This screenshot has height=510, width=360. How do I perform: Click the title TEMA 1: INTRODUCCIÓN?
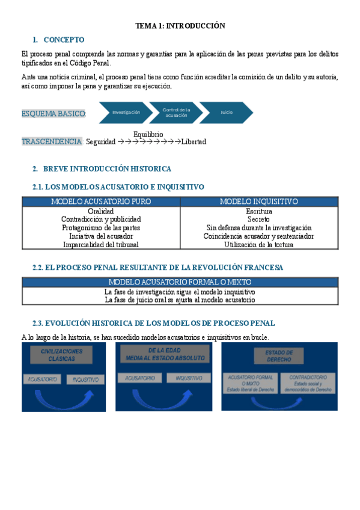[x=180, y=26]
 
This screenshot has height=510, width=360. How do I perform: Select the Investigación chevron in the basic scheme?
[x=126, y=112]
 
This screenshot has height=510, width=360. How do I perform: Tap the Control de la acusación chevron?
[x=176, y=112]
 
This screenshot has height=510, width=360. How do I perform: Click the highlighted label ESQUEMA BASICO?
[x=53, y=114]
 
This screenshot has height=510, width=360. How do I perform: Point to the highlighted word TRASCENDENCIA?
[x=52, y=142]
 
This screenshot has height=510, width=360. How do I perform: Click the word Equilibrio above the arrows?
[x=148, y=134]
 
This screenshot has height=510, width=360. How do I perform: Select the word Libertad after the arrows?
[x=194, y=142]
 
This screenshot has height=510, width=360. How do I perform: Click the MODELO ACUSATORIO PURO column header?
[x=101, y=201]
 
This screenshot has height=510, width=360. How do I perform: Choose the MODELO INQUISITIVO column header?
[x=258, y=201]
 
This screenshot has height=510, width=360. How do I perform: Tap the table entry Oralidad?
[x=101, y=211]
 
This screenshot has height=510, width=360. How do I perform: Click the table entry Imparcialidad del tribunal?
[x=101, y=245]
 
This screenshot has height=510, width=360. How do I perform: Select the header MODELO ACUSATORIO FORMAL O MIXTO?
[x=180, y=281]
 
